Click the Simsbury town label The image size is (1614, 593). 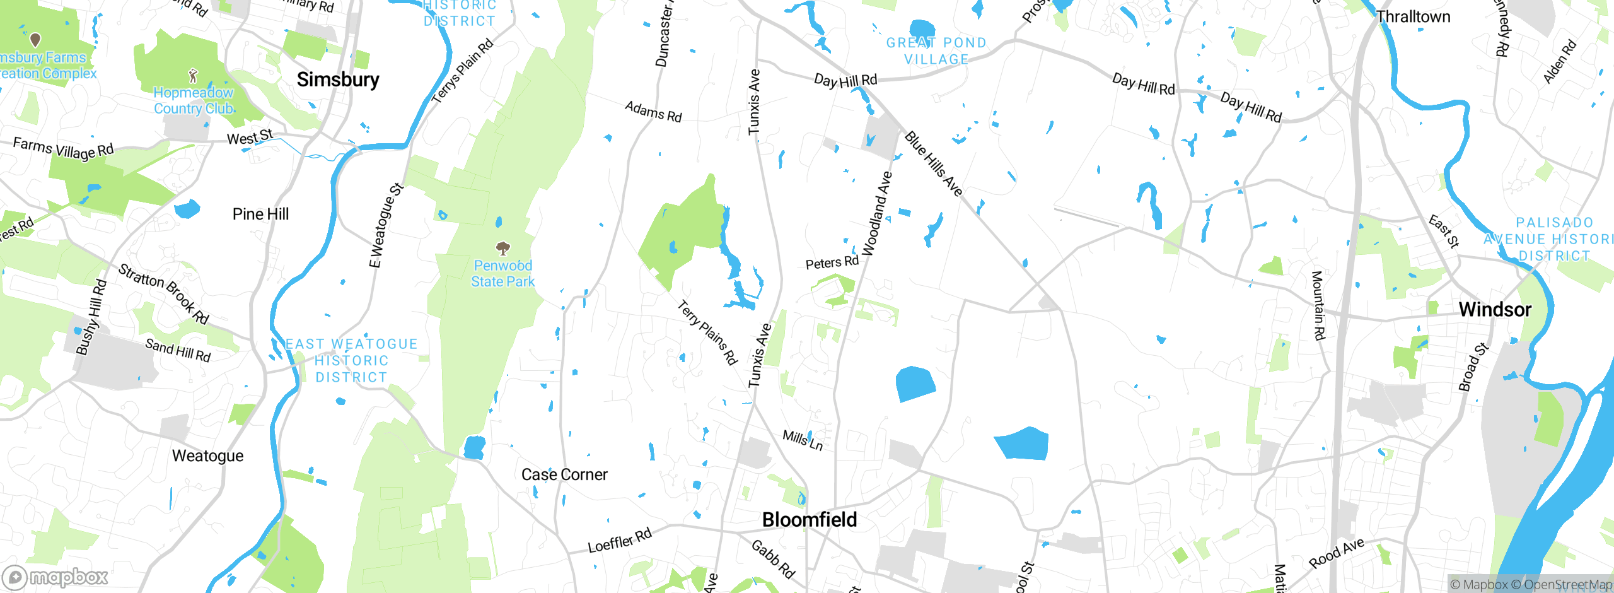(x=338, y=80)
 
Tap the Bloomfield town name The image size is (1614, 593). (x=810, y=520)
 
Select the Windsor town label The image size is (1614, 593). (x=1495, y=310)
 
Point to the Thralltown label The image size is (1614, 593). (x=1413, y=17)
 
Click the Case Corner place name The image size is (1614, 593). (x=564, y=474)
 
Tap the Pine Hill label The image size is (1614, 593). (x=260, y=214)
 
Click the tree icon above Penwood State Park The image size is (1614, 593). (x=502, y=247)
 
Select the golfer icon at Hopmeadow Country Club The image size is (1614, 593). (x=193, y=76)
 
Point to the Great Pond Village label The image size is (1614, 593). (x=936, y=51)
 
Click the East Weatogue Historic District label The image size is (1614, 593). (x=351, y=361)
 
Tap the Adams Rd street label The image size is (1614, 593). (x=653, y=112)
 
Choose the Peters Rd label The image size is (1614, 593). (x=832, y=262)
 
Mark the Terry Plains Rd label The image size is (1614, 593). (x=707, y=332)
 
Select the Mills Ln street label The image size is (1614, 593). (x=803, y=440)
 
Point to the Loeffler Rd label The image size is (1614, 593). (x=620, y=541)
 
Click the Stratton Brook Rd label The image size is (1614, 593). (x=164, y=293)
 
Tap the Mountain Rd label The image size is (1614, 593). (x=1318, y=305)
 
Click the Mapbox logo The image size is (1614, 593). (x=55, y=577)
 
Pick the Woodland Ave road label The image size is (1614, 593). (x=877, y=214)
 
